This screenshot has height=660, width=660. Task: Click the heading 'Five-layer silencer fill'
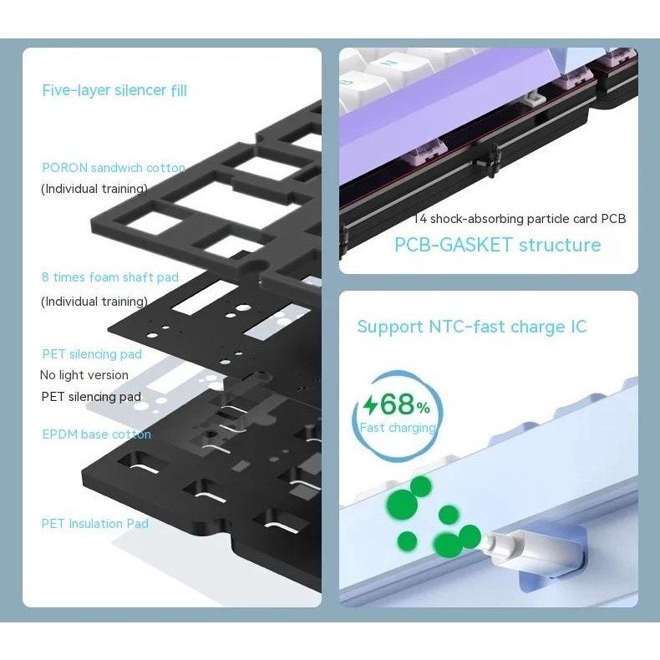point(114,90)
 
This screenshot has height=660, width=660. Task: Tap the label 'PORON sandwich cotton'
point(114,168)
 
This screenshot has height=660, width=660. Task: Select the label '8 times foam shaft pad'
point(110,277)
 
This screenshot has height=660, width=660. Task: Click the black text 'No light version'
point(84,375)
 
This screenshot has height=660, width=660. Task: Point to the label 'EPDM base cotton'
point(96,434)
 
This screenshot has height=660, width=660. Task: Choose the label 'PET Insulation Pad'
point(94,524)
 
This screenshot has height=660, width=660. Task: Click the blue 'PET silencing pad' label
point(92,354)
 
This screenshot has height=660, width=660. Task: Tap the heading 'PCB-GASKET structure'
point(498,245)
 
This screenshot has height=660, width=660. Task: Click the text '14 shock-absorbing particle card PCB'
point(520,219)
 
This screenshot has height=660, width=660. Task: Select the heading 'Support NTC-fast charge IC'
point(472,327)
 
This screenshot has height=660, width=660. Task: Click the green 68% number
point(405,404)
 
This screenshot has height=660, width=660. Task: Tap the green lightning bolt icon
point(371,405)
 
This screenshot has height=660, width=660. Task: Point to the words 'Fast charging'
point(398,428)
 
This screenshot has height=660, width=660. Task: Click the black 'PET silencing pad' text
point(91,397)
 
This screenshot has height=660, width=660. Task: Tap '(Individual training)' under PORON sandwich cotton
point(94,189)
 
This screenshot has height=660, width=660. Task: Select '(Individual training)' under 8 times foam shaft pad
point(94,302)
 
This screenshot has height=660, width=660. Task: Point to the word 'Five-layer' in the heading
point(76,90)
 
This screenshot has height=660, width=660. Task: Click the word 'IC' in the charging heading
point(579,327)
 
